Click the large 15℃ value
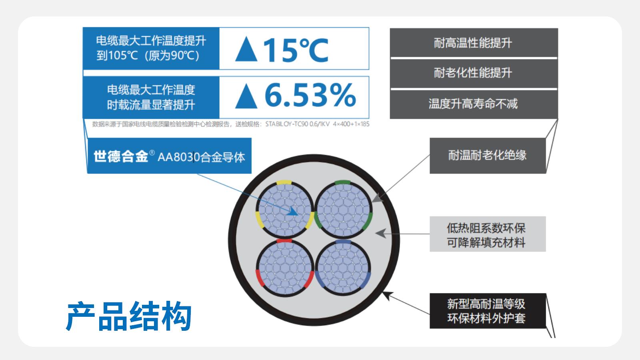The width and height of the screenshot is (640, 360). (296, 50)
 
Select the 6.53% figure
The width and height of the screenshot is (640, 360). (310, 95)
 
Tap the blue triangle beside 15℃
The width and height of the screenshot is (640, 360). (246, 49)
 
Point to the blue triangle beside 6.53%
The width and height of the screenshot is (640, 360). (246, 96)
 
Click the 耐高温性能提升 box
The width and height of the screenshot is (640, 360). (474, 42)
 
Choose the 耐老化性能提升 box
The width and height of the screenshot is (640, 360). (474, 73)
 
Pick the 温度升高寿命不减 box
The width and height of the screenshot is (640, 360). (474, 104)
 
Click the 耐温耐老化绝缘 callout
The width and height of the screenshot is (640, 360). (488, 156)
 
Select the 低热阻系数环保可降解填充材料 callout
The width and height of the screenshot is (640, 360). (488, 234)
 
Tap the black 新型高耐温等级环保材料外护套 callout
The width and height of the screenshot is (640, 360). (488, 311)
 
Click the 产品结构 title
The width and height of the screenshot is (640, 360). (129, 316)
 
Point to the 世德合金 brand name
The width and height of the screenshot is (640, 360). (121, 156)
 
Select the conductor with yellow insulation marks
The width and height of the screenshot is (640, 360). (285, 210)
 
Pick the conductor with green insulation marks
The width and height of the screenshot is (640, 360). (343, 210)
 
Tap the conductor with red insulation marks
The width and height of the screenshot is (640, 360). (285, 268)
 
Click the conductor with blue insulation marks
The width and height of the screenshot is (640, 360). (343, 268)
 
